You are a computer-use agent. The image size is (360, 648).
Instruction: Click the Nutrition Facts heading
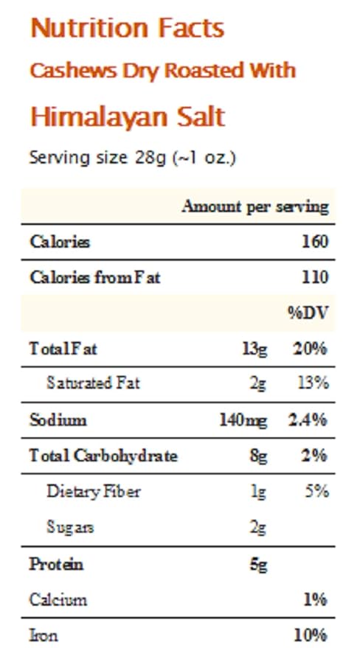(128, 28)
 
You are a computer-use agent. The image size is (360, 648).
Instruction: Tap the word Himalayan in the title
(99, 117)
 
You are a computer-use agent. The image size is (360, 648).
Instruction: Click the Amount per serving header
(255, 206)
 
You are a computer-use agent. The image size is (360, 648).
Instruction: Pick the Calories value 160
(315, 242)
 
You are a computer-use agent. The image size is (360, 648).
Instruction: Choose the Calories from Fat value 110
(315, 277)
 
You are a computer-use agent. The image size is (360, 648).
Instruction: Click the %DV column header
(308, 313)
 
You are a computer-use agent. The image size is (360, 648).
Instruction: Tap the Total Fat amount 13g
(255, 349)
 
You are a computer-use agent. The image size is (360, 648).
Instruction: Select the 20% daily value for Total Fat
(310, 349)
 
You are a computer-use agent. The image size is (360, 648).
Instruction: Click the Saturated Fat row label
(94, 383)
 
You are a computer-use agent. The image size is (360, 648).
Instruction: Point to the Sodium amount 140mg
(243, 421)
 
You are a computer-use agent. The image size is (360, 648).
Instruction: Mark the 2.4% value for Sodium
(308, 421)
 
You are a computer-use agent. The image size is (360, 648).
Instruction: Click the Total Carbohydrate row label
(103, 456)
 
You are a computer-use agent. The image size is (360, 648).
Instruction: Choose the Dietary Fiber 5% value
(317, 492)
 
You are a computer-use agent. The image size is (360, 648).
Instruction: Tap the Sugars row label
(70, 528)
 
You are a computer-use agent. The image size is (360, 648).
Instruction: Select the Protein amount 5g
(259, 565)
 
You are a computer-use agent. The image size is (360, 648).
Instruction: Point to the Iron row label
(44, 635)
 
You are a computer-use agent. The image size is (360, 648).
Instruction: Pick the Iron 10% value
(311, 635)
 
